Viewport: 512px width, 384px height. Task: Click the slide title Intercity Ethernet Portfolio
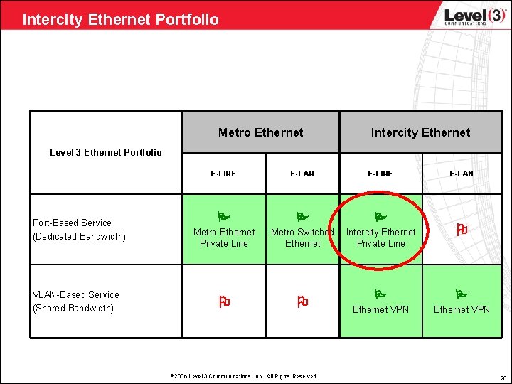[x=120, y=19]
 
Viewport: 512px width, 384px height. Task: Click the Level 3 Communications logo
[x=474, y=16]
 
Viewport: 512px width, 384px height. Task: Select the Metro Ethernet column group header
[x=260, y=132]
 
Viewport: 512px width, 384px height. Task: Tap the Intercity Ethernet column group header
[x=420, y=132]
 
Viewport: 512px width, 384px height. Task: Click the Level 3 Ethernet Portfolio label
[x=106, y=152]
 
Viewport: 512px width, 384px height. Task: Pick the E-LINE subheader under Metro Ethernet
[x=223, y=174]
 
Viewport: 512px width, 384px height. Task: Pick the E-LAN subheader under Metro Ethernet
[x=302, y=174]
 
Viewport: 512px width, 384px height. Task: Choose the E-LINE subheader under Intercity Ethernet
[x=380, y=174]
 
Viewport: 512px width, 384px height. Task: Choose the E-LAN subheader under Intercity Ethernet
[x=462, y=174]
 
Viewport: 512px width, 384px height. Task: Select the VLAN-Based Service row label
[x=75, y=302]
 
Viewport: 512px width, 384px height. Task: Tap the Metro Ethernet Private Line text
[x=224, y=238]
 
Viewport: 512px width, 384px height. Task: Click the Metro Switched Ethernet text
[x=302, y=238]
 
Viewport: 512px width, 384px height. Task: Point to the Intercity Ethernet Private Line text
[x=380, y=238]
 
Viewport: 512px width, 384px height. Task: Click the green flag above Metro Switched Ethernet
[x=302, y=214]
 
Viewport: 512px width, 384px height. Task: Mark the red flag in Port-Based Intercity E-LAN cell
[x=461, y=229]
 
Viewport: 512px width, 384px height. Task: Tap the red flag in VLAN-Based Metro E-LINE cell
[x=224, y=302]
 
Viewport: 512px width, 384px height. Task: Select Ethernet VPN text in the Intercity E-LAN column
[x=462, y=309]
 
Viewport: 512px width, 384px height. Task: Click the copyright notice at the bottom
[x=245, y=376]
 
